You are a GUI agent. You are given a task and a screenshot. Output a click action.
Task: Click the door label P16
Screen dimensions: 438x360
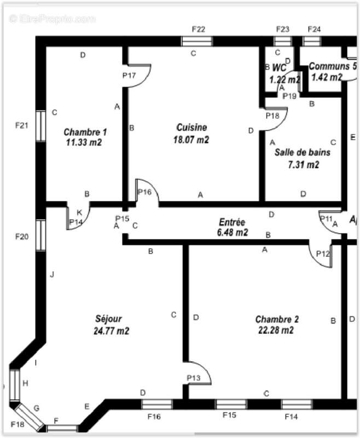[x=144, y=192]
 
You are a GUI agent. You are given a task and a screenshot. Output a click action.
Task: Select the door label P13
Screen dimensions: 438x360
[x=193, y=378]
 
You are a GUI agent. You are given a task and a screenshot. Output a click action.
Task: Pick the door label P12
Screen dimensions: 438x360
[x=323, y=253]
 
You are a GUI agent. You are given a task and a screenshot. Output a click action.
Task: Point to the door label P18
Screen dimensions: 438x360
[x=272, y=116]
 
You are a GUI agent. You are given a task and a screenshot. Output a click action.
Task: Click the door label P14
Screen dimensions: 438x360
[x=76, y=222]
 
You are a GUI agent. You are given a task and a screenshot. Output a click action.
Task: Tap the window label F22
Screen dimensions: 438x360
[x=198, y=28]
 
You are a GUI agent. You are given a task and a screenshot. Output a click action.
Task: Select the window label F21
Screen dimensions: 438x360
[x=21, y=125]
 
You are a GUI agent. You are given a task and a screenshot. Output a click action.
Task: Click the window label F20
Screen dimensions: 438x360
[x=21, y=237]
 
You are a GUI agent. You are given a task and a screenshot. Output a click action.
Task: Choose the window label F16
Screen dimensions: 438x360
[x=154, y=417]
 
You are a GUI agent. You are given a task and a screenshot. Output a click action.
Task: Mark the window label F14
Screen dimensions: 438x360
[x=292, y=417]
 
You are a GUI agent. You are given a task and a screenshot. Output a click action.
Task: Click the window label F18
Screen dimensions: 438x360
[x=18, y=425]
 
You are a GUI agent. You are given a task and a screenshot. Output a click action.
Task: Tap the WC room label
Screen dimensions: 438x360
[x=279, y=68]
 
